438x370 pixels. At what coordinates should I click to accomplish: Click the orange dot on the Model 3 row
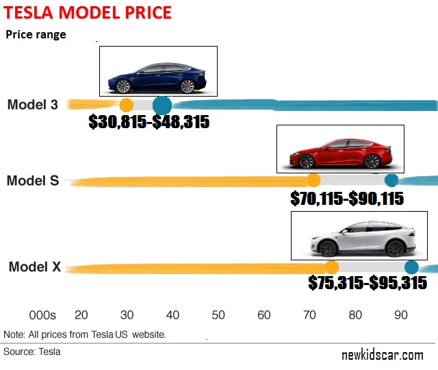tap(126, 105)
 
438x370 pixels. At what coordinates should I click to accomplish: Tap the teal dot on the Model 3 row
tap(162, 105)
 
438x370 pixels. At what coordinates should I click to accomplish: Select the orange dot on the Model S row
tap(313, 180)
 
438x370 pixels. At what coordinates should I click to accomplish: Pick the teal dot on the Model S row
tap(391, 180)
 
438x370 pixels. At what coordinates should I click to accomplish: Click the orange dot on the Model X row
tap(331, 267)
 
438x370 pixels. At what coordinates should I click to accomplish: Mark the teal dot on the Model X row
tap(411, 267)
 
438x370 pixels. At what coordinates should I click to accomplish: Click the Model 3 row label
tap(33, 105)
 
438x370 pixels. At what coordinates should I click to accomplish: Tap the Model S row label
tap(33, 181)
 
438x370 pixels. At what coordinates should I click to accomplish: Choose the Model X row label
tap(34, 267)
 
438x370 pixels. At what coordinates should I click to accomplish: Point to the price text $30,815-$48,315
tap(149, 122)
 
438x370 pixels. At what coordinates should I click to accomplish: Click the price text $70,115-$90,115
tap(346, 199)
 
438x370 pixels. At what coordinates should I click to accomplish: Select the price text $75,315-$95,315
tap(368, 283)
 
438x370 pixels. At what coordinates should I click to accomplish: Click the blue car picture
tap(158, 71)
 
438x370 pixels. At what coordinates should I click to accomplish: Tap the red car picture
tap(340, 149)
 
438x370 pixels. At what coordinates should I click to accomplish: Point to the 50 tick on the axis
tap(218, 315)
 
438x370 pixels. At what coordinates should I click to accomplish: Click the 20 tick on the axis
tap(81, 315)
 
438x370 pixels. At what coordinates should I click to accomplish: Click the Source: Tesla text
tap(32, 351)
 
